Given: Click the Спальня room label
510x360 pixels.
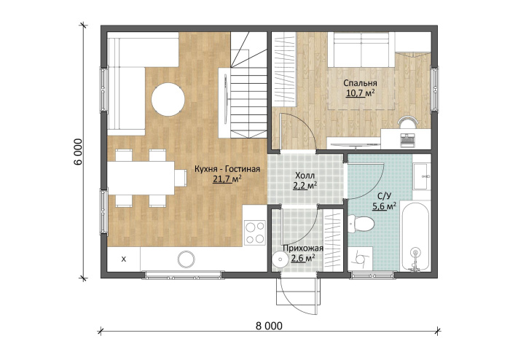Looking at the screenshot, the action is tap(360, 83).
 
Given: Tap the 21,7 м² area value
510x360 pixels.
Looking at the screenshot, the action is tap(227, 179).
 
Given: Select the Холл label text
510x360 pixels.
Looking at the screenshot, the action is tap(305, 176).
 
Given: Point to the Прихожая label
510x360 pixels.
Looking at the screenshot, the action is tap(303, 249).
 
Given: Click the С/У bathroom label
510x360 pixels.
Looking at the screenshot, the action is tap(384, 196).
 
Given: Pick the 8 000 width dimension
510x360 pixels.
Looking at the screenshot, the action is tap(269, 326).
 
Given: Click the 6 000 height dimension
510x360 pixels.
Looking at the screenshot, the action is tap(79, 152).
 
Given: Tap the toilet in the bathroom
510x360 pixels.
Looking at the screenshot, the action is tap(361, 224).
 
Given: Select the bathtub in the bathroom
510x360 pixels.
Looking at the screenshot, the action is tap(415, 236).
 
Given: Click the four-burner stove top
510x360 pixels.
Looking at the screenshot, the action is tap(255, 232).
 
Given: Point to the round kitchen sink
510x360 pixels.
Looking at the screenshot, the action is tap(187, 259).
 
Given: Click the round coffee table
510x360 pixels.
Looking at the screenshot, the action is tap(168, 99).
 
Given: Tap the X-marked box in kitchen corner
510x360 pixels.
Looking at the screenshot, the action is tap(124, 259).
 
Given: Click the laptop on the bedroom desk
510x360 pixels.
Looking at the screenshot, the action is tap(407, 139).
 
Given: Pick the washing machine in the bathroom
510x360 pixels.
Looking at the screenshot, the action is tap(360, 259).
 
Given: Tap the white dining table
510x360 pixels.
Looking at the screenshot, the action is tap(141, 179).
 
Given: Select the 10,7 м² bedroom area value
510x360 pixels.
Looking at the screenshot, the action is tap(360, 93).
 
